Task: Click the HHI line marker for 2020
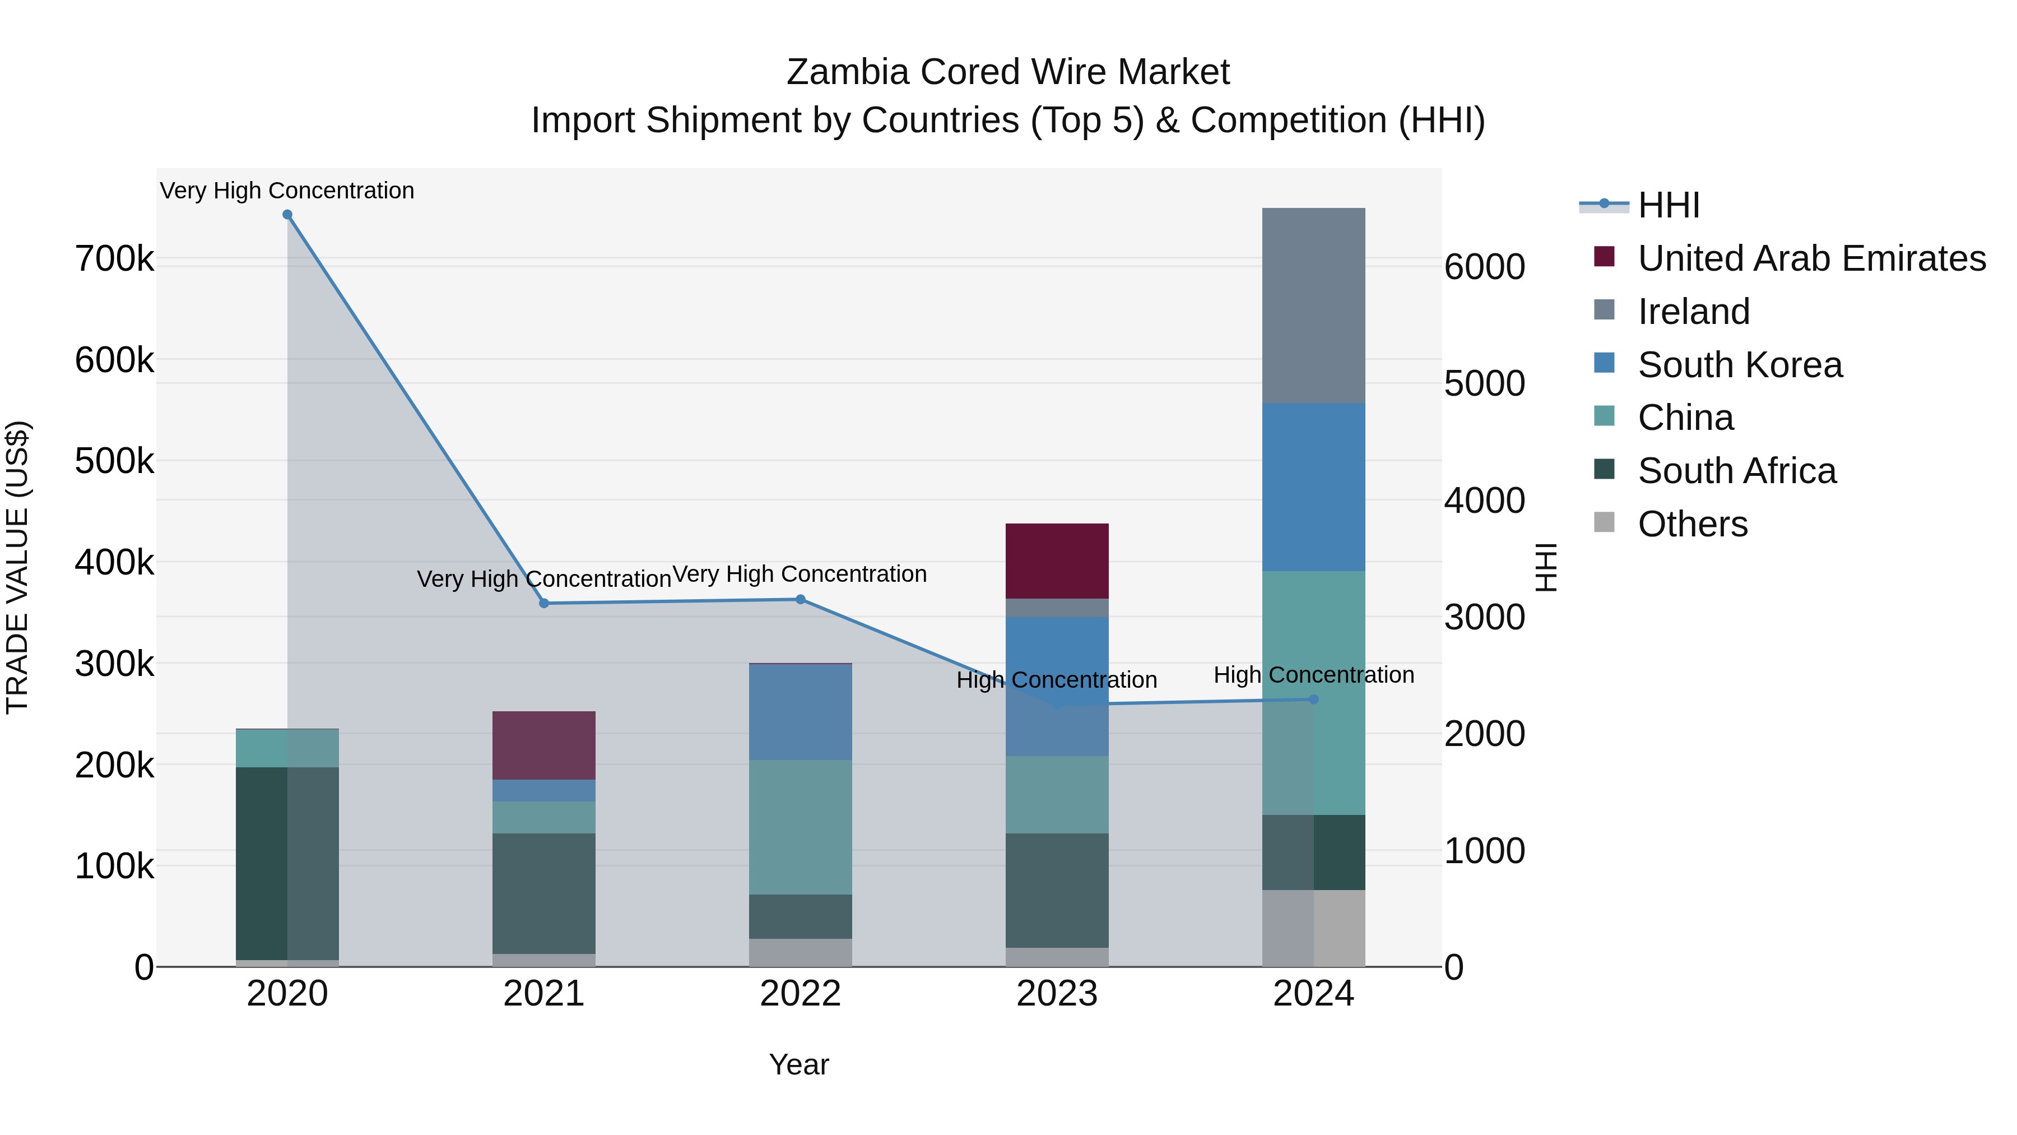287,215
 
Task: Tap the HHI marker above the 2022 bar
800,600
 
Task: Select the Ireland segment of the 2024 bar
1313,305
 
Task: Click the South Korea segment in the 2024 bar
1313,487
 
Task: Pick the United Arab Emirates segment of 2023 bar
1057,561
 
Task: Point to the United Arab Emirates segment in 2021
543,745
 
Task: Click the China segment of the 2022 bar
800,827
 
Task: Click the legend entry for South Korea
1739,365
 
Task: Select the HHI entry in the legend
1668,205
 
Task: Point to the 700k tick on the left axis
114,258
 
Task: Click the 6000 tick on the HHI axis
1485,267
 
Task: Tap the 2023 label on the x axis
1057,994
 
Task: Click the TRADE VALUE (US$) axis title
17,567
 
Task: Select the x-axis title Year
798,1064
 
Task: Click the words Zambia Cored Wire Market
1008,72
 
